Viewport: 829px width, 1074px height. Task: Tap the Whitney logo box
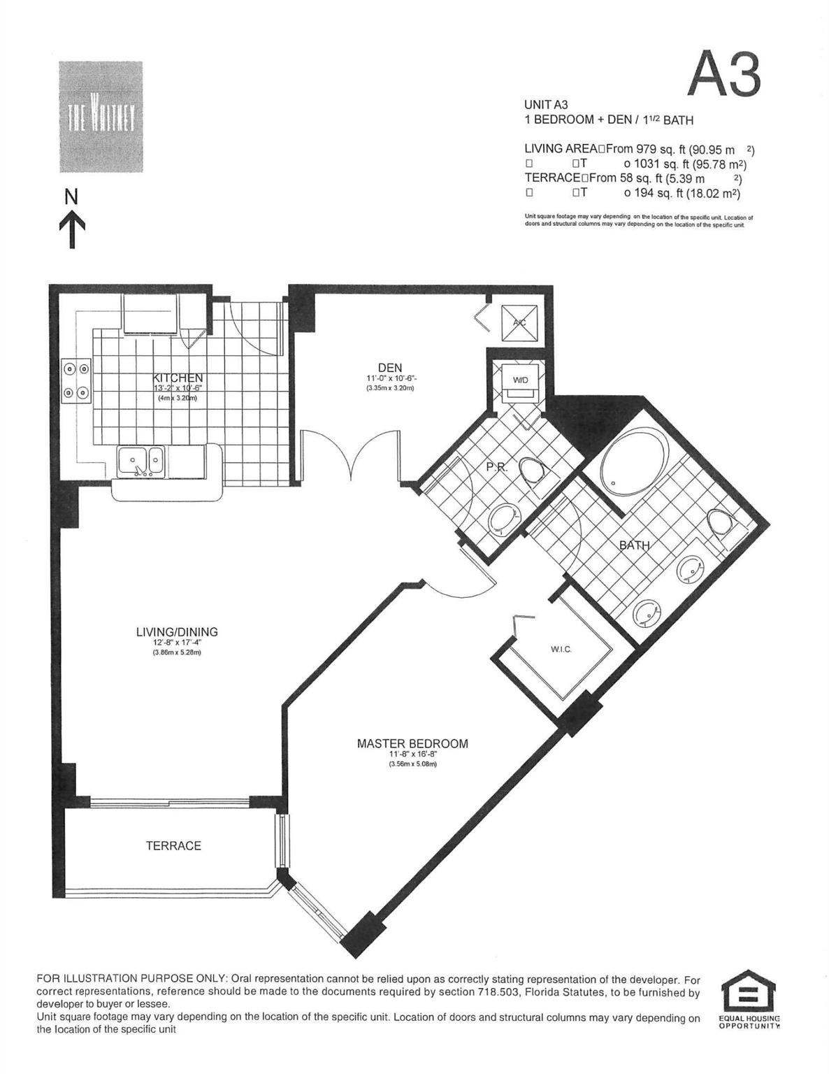click(101, 117)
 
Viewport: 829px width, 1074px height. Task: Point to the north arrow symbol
click(71, 220)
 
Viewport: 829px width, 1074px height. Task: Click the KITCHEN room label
click(178, 378)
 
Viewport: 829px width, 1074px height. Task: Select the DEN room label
click(389, 368)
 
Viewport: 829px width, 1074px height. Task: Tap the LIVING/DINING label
click(177, 632)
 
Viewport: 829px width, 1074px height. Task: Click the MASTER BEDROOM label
click(412, 744)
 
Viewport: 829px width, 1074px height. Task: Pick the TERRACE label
click(173, 846)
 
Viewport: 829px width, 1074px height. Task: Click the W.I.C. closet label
click(561, 650)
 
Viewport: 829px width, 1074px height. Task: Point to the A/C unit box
click(519, 322)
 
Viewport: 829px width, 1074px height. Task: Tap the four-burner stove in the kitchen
click(76, 380)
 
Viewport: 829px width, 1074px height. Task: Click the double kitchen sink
click(140, 461)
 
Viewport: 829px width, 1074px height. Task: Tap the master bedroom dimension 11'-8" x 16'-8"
click(412, 755)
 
